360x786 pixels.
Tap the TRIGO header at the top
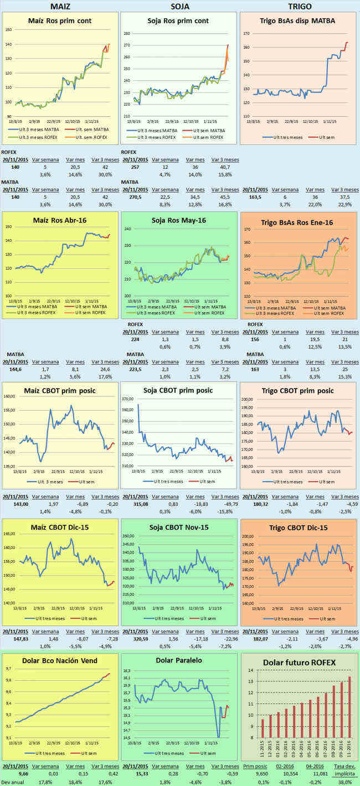300,6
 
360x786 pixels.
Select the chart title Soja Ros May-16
180,220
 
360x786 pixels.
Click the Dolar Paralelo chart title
179,660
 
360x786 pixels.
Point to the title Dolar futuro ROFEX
300,662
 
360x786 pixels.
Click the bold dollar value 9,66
12,773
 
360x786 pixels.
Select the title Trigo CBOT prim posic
300,390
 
